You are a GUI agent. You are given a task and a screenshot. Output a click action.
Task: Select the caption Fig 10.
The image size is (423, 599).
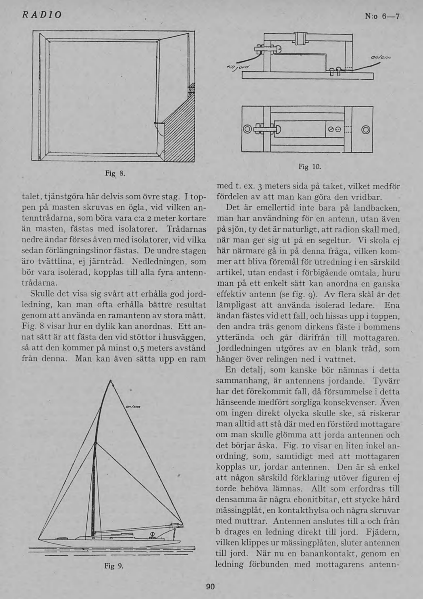[x=310, y=166]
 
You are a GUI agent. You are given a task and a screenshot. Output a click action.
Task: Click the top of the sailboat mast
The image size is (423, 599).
[x=112, y=381]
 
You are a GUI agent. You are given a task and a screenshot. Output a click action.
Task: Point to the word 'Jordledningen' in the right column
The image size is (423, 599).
[x=244, y=348]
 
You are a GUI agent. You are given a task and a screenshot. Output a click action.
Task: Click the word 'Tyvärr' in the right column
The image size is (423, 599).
[x=386, y=381]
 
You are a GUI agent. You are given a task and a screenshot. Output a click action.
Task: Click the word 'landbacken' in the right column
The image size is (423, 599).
[x=376, y=208]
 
